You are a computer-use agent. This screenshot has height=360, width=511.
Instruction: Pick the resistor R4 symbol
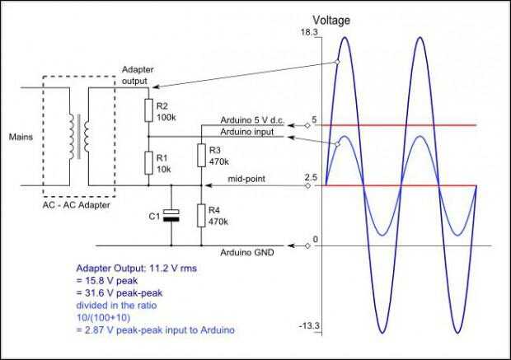[201, 216]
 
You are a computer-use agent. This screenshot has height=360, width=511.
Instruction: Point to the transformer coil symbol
[80, 135]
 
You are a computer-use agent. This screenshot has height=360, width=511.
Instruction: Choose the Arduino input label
[246, 131]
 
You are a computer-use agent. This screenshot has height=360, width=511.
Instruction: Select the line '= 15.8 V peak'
[107, 280]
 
